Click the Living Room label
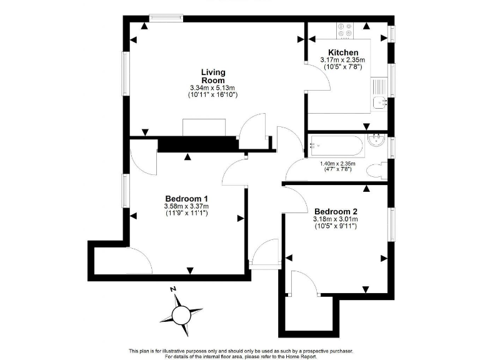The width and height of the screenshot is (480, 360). (213, 76)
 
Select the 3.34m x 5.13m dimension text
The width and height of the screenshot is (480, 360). (213, 88)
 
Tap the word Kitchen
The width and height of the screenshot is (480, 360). (343, 52)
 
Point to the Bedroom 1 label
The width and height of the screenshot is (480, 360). (186, 199)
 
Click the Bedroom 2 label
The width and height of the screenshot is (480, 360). (336, 211)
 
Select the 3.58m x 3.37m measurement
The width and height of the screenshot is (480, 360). (186, 206)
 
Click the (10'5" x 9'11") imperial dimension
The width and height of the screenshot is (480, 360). (336, 226)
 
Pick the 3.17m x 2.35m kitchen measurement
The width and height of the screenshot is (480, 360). (342, 60)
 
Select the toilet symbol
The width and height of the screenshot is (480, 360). (377, 169)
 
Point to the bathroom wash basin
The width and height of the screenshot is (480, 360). (377, 141)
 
